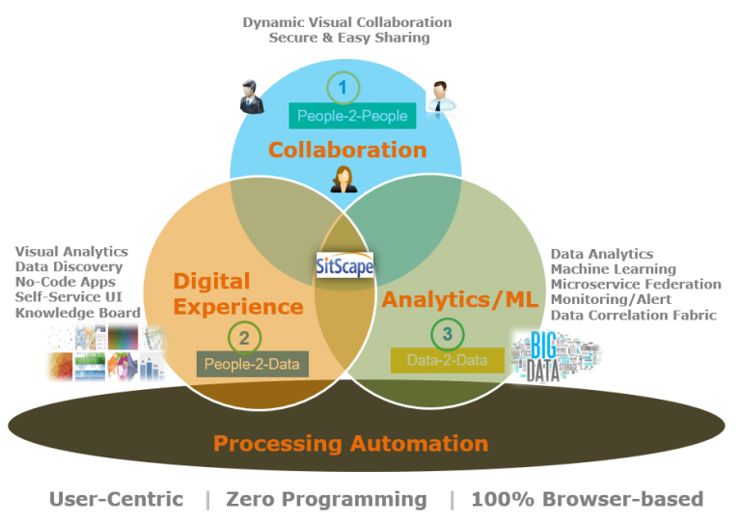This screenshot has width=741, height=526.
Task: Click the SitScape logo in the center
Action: pos(344,263)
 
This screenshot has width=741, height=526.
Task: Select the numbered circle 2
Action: pos(244,337)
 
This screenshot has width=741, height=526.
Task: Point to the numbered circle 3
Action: pos(446,334)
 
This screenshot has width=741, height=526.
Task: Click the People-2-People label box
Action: pos(351,117)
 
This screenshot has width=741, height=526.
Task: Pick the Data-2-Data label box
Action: pos(447,360)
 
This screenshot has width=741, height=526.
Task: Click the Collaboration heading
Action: pos(347,150)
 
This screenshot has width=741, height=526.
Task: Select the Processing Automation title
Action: pos(350,444)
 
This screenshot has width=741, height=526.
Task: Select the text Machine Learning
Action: pos(613,269)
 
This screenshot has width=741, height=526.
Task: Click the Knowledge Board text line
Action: pos(77,313)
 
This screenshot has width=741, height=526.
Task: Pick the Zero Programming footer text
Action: pos(326,499)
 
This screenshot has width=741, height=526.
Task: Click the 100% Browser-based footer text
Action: pos(587,499)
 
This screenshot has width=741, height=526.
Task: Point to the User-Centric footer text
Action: pos(116,499)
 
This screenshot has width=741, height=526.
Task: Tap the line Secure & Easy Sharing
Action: pos(348,38)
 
